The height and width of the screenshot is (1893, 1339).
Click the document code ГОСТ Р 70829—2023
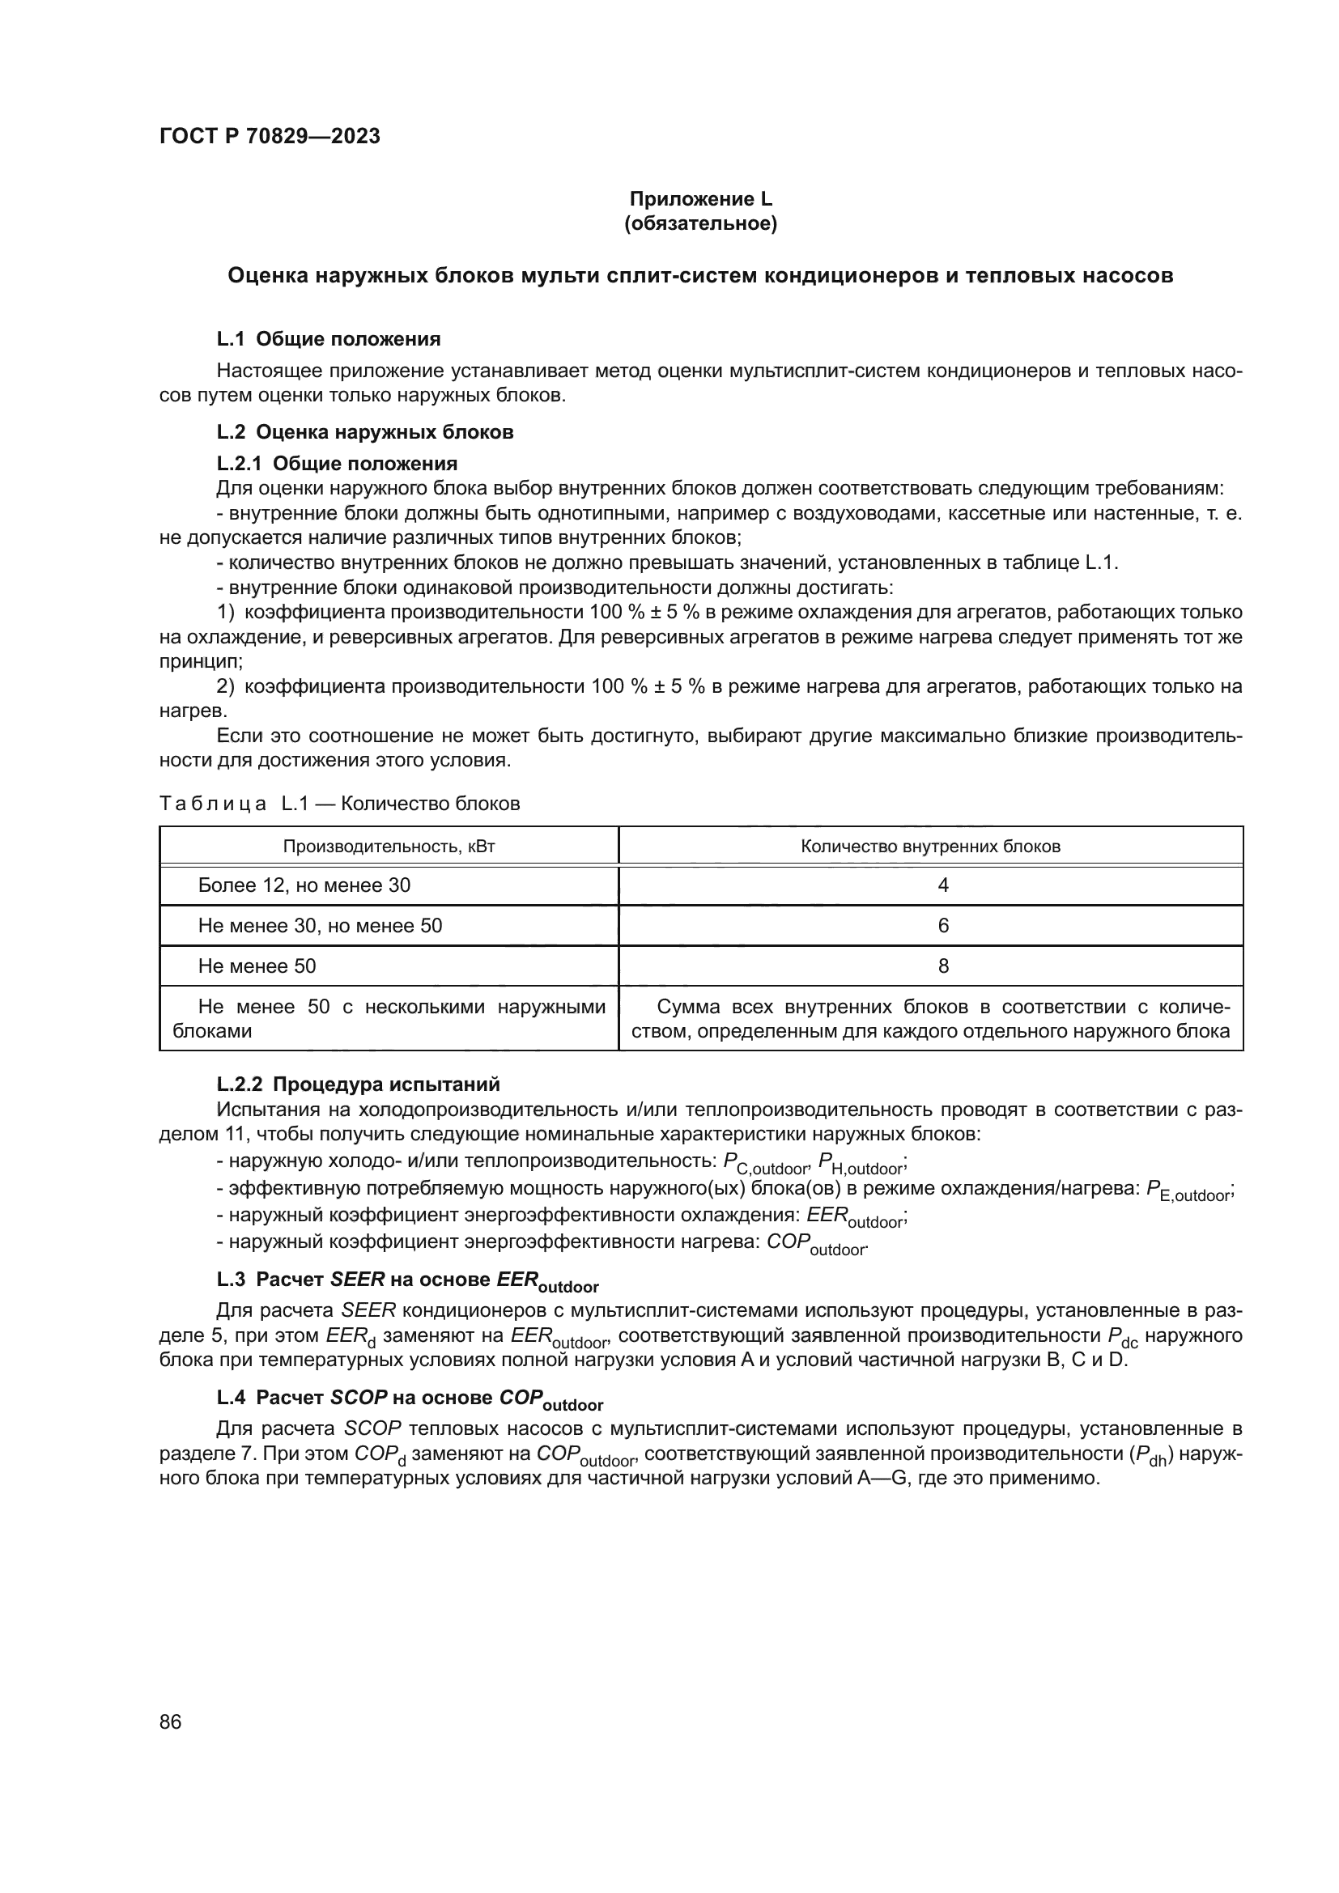pyautogui.click(x=270, y=137)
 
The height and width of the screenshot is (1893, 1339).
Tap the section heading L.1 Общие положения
pyautogui.click(x=328, y=339)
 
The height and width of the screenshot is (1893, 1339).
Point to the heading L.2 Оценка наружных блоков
pyautogui.click(x=364, y=432)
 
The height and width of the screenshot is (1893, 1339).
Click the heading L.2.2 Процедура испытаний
pyautogui.click(x=358, y=1084)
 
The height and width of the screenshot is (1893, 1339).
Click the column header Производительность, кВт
pyautogui.click(x=389, y=847)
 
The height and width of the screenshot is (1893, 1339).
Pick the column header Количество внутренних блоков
pyautogui.click(x=930, y=847)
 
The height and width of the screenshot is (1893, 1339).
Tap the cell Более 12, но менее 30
pyautogui.click(x=304, y=885)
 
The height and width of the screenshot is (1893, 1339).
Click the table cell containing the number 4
pyautogui.click(x=943, y=885)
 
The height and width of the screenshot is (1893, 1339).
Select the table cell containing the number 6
pyautogui.click(x=943, y=926)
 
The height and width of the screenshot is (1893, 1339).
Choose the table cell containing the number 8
pyautogui.click(x=943, y=966)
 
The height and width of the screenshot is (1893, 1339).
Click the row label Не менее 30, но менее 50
pyautogui.click(x=320, y=926)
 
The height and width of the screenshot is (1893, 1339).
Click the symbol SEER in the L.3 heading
pyautogui.click(x=357, y=1280)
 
